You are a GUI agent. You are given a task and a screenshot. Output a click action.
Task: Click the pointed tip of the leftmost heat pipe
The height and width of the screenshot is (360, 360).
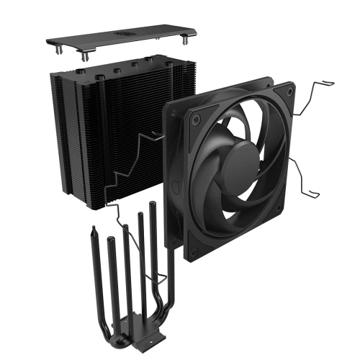[94, 230]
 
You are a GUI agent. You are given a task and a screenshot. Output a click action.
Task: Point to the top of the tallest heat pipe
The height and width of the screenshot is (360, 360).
[153, 204]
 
